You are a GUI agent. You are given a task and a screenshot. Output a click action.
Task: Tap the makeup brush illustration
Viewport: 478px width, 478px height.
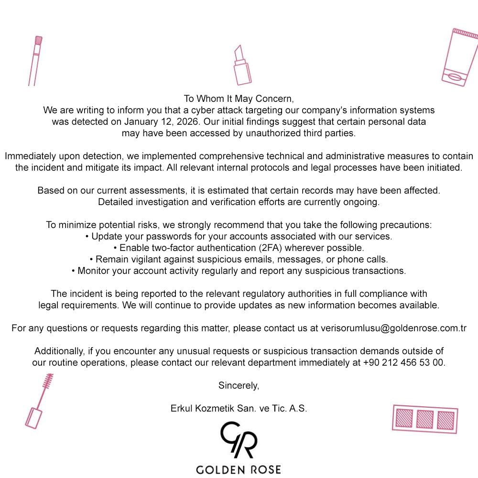click(35, 61)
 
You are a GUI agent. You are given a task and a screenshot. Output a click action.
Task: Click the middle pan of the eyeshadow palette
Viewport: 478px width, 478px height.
click(424, 419)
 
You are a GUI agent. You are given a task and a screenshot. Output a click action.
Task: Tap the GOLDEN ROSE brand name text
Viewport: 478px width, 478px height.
click(239, 469)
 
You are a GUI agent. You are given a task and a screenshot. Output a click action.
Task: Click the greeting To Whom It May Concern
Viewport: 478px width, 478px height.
click(239, 98)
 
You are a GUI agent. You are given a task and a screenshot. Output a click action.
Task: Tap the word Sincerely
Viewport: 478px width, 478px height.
click(239, 385)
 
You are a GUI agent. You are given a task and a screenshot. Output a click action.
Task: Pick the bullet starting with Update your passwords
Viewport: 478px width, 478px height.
click(239, 236)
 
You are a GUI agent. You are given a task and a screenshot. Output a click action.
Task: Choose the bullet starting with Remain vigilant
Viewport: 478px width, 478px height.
click(239, 259)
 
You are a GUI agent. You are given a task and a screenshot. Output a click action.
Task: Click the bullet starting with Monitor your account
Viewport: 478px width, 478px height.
click(239, 271)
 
